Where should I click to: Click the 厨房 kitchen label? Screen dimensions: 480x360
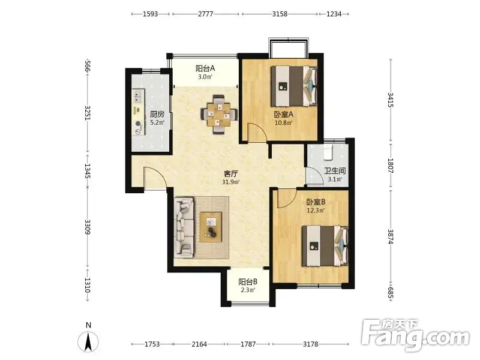point(157,114)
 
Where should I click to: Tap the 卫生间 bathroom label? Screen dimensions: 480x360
point(335,170)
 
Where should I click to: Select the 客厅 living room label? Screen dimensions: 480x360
point(231,174)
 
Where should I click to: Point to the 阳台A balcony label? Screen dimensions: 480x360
point(205,68)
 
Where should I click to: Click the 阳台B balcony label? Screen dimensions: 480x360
point(248,281)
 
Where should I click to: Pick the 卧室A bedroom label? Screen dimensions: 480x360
point(283,115)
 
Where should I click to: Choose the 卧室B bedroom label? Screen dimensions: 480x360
point(316,202)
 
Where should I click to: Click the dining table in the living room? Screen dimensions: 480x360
point(218,115)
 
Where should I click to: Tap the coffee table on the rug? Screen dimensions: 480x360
point(211,227)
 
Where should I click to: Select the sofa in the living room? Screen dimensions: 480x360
point(184,227)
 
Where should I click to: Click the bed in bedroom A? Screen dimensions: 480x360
point(294,86)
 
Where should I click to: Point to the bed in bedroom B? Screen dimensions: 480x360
point(325,246)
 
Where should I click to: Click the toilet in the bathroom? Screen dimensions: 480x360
point(328,152)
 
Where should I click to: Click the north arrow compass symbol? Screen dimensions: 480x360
point(88,341)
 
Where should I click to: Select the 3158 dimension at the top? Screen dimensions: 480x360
point(280,14)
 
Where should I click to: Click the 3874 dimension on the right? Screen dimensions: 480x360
point(391,236)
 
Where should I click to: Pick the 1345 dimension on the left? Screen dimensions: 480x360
point(87,171)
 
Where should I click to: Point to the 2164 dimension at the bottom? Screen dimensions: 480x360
point(199,344)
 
